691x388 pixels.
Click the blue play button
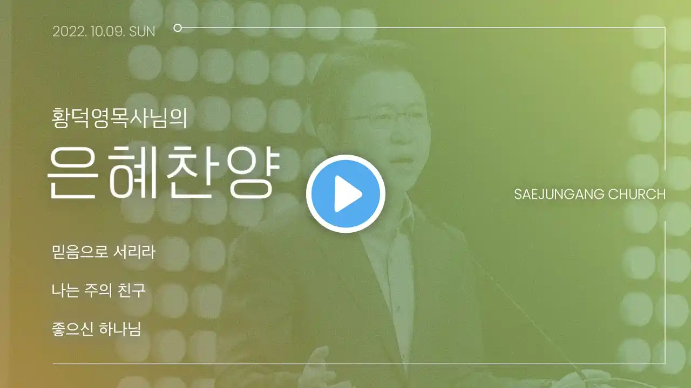click(345, 193)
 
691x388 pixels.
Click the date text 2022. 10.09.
click(88, 32)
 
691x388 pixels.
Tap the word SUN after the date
click(142, 32)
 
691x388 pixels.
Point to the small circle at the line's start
click(178, 28)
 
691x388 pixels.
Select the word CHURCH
click(636, 195)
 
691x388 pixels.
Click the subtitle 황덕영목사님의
click(119, 117)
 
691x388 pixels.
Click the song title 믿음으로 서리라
click(104, 252)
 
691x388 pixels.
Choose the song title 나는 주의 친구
click(99, 290)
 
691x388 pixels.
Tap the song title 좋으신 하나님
click(96, 329)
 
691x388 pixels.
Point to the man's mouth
click(401, 161)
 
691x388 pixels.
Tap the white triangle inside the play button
click(348, 194)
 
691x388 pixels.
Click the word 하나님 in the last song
click(120, 329)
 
